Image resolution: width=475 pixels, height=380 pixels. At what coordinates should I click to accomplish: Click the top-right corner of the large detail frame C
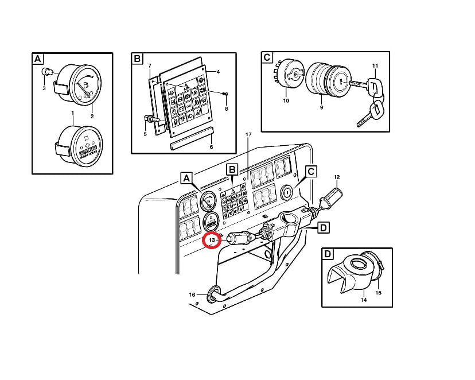pyautogui.click(x=390, y=52)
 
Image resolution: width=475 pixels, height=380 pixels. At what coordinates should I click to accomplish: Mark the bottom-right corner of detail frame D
pyautogui.click(x=392, y=307)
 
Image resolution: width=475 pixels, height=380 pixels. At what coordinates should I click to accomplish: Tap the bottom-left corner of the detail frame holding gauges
pyautogui.click(x=32, y=174)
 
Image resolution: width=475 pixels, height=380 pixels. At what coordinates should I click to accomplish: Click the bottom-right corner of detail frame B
pyautogui.click(x=236, y=154)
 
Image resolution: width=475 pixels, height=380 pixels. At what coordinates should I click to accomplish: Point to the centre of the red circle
pyautogui.click(x=212, y=241)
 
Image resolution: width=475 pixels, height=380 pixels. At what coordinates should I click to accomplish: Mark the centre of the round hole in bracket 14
pyautogui.click(x=359, y=265)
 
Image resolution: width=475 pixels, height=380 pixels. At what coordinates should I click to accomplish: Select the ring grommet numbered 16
pyautogui.click(x=213, y=294)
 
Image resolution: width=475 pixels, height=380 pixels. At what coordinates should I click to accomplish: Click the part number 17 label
pyautogui.click(x=248, y=134)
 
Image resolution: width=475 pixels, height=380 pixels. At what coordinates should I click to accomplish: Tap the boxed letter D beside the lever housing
pyautogui.click(x=323, y=227)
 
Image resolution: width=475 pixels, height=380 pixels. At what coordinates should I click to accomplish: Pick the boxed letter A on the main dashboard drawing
pyautogui.click(x=186, y=178)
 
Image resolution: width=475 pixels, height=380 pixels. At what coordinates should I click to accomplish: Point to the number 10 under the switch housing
pyautogui.click(x=286, y=100)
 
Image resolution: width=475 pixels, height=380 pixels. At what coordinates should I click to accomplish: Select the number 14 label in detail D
pyautogui.click(x=364, y=300)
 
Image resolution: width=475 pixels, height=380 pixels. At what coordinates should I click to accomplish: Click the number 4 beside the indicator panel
pyautogui.click(x=218, y=72)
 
